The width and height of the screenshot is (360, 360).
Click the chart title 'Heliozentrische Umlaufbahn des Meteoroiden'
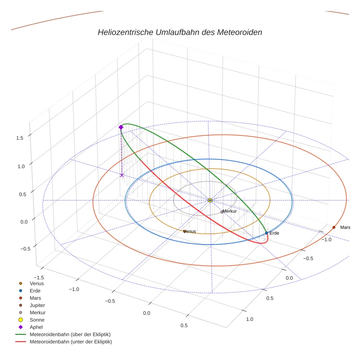point(180,32)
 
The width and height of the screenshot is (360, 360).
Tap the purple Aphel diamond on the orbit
point(121,127)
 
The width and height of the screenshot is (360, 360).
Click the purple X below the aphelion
point(122,176)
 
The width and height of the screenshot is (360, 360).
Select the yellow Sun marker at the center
point(210,200)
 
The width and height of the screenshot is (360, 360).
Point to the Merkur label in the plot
point(230,211)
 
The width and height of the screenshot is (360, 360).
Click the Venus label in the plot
point(190,231)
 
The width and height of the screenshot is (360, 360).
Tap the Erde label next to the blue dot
point(274,233)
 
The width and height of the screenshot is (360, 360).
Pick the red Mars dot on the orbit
point(334,227)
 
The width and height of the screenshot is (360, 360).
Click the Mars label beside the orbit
point(345,227)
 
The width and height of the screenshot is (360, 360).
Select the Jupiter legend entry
point(37,305)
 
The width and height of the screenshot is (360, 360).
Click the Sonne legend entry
point(37,320)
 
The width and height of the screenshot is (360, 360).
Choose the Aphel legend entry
point(36,327)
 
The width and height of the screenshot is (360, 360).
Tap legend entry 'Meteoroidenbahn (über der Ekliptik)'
point(70,334)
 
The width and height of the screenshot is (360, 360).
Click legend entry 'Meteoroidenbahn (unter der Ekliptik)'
point(71,342)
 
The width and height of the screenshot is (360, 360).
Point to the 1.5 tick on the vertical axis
point(19,138)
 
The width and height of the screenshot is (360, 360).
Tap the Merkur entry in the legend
point(37,312)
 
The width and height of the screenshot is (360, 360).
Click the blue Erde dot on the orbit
point(266,233)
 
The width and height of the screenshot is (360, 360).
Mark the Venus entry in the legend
point(37,283)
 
